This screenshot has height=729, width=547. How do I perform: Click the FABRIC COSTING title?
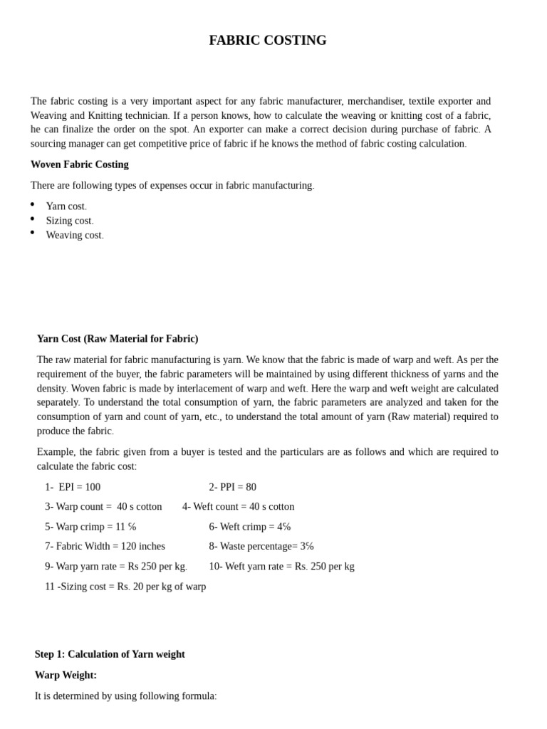tap(268, 41)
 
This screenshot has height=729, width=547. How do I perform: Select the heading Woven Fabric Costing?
tap(80, 164)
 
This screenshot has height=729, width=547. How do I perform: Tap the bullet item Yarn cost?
tap(66, 206)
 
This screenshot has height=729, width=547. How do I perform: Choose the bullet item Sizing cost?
tap(70, 221)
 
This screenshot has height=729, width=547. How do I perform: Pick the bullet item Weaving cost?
tap(75, 235)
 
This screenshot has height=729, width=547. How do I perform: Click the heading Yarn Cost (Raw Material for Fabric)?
tap(118, 339)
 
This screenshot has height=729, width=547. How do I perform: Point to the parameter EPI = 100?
tap(73, 487)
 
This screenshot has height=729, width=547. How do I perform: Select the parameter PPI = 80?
tap(232, 487)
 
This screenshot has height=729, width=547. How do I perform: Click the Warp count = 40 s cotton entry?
tap(103, 507)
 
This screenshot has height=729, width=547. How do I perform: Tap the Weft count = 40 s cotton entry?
tap(238, 507)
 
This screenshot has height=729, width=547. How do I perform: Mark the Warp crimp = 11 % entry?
tap(90, 527)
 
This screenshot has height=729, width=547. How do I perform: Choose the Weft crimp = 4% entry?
tap(249, 527)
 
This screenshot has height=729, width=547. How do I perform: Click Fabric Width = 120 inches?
tap(105, 546)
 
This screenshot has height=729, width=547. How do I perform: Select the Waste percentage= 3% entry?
tap(261, 546)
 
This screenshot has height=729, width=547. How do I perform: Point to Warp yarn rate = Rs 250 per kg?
tap(116, 567)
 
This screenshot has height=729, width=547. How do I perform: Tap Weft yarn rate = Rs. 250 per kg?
tap(281, 567)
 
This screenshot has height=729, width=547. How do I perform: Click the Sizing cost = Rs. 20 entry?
tap(125, 587)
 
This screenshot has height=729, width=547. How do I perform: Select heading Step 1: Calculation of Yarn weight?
tap(110, 654)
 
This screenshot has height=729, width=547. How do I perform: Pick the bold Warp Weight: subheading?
tap(66, 675)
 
